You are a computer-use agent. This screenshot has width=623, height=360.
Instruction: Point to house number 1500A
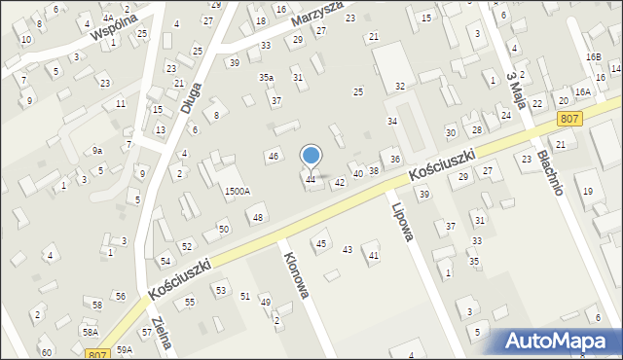(237, 192)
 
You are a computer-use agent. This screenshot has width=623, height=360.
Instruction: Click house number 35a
(266, 77)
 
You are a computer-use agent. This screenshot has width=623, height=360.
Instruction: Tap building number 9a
(96, 150)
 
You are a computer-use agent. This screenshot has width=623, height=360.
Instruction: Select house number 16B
(594, 57)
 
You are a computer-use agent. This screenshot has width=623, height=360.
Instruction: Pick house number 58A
(90, 332)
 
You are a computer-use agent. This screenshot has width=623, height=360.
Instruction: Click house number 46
(274, 156)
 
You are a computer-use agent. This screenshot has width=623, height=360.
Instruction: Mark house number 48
(258, 217)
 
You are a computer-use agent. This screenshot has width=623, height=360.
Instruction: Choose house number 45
(320, 243)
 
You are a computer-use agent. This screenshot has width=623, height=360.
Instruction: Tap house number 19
(587, 192)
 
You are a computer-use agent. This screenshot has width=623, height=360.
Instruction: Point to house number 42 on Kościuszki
(340, 182)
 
